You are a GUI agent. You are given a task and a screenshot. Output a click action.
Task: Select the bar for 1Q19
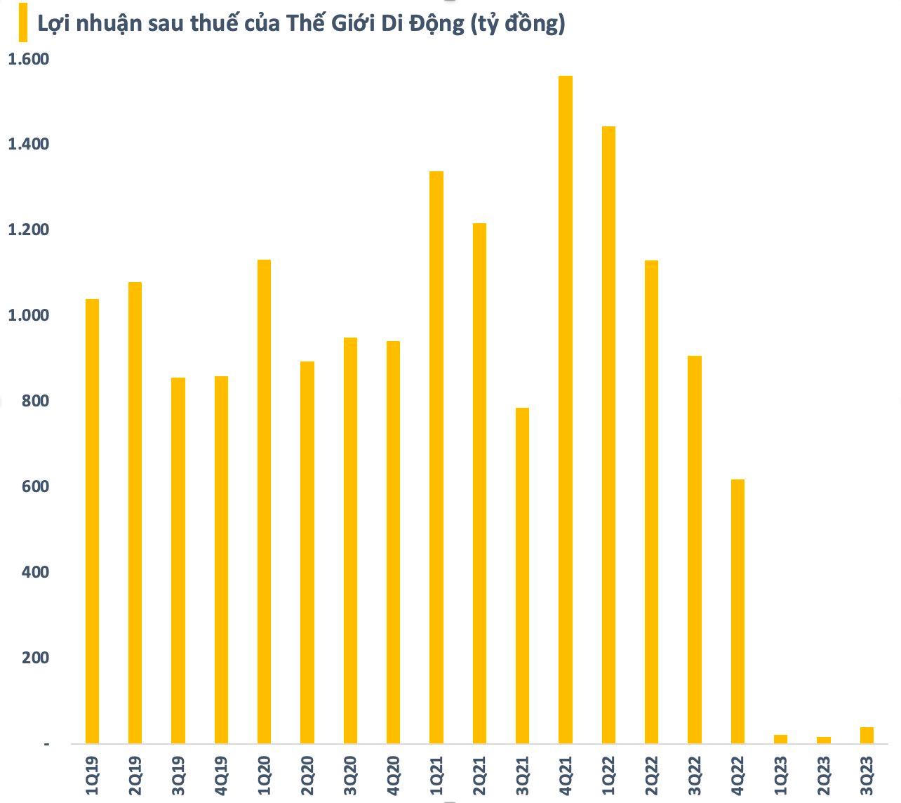click(x=92, y=521)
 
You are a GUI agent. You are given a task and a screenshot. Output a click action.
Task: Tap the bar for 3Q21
click(x=522, y=576)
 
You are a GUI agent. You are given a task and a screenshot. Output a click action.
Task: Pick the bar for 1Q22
click(x=608, y=434)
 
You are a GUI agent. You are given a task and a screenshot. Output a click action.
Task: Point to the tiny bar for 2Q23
click(x=824, y=740)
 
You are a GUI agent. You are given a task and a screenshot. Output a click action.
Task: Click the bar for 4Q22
click(x=738, y=611)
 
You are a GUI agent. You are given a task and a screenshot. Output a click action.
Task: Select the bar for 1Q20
click(x=264, y=501)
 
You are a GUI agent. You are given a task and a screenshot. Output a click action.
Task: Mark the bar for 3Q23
click(x=867, y=735)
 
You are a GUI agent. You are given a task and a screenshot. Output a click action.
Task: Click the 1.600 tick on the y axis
click(x=28, y=59)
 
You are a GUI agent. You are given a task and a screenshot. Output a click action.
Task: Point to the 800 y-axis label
click(x=36, y=401)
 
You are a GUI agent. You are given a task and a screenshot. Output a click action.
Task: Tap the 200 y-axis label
click(x=36, y=658)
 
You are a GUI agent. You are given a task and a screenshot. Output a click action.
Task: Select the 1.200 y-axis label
click(x=28, y=230)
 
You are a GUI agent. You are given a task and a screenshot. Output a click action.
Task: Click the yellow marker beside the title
click(x=22, y=22)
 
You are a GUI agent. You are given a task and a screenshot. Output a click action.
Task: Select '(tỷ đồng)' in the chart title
click(x=518, y=24)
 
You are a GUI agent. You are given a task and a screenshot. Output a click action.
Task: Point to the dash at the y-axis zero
click(x=47, y=743)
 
